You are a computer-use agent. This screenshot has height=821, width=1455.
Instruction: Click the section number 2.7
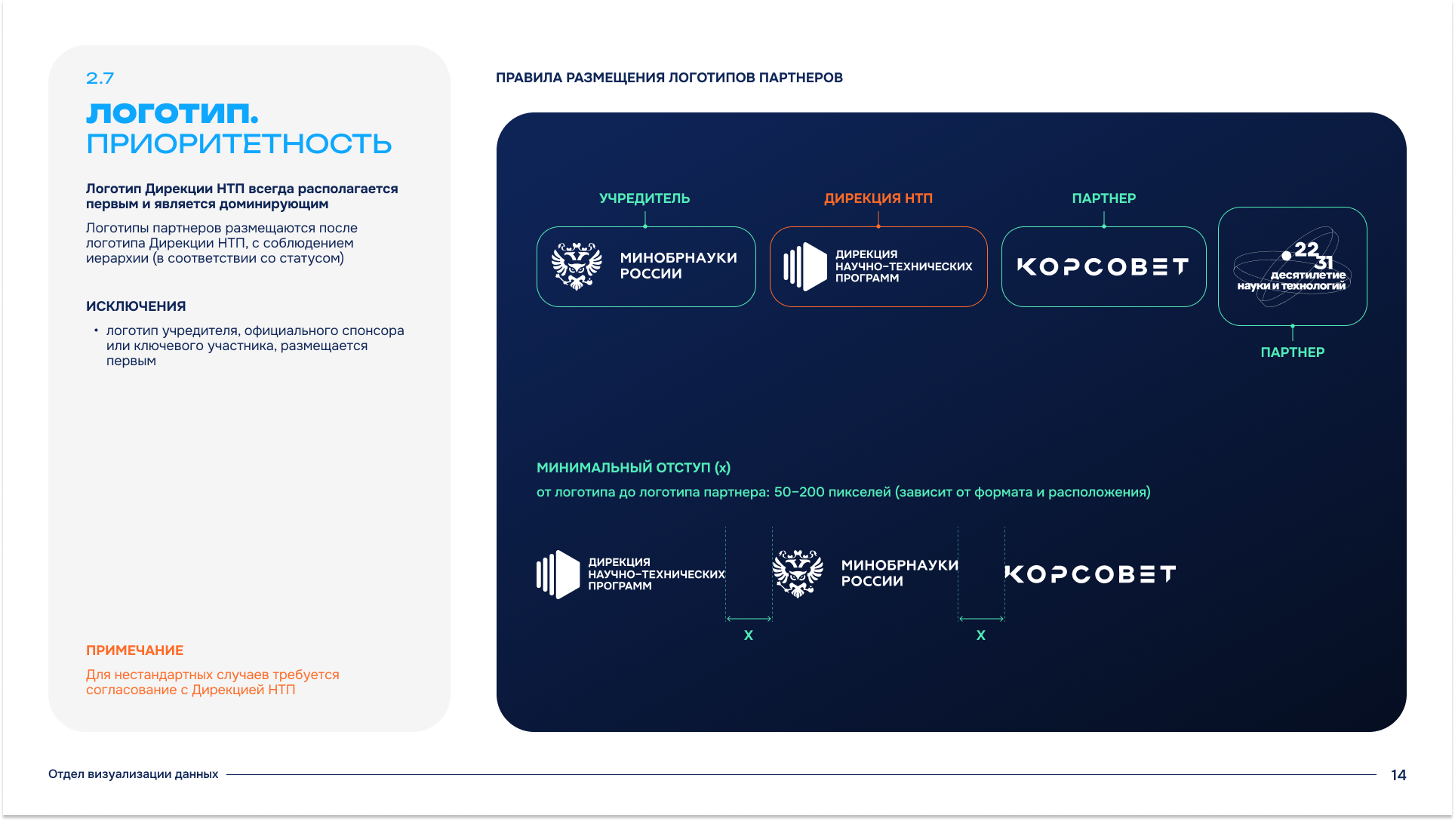pos(100,78)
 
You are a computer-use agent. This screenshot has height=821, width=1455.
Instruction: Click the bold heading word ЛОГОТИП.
pos(173,113)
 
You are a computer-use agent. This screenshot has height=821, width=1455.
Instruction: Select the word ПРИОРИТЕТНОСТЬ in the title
pos(238,143)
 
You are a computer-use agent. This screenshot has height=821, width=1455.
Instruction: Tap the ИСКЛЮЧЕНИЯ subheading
pos(136,306)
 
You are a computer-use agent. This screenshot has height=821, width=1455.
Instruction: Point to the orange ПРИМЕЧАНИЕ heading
pos(135,650)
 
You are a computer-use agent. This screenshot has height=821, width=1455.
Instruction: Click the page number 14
pos(1398,775)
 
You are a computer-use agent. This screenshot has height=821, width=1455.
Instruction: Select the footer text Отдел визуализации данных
pos(133,774)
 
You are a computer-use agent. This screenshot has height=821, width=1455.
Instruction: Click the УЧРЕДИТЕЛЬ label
pos(644,198)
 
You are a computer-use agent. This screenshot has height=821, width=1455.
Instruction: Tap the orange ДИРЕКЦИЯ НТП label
pos(878,198)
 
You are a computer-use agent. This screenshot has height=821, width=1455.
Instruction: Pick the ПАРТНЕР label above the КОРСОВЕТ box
pos(1104,198)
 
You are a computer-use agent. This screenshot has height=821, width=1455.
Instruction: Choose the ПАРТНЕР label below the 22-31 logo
pos(1293,352)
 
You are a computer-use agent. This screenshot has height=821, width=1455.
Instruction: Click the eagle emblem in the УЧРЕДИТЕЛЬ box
pos(577,266)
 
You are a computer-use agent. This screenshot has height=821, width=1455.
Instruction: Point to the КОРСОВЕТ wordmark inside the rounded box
pos(1103,267)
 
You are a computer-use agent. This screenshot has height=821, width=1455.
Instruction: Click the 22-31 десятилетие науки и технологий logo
pos(1292,266)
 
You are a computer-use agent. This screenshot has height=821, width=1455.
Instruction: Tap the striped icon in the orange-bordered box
pos(805,266)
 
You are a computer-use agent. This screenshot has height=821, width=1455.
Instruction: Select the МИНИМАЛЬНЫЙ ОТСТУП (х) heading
pos(633,468)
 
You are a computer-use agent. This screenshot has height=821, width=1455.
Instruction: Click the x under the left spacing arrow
pos(749,635)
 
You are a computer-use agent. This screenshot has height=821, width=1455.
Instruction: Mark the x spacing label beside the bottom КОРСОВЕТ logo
pos(981,635)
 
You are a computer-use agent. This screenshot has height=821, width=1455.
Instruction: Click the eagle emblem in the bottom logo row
pos(798,573)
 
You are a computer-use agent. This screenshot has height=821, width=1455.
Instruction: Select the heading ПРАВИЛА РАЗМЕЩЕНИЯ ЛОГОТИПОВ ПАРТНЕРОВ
pos(669,78)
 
